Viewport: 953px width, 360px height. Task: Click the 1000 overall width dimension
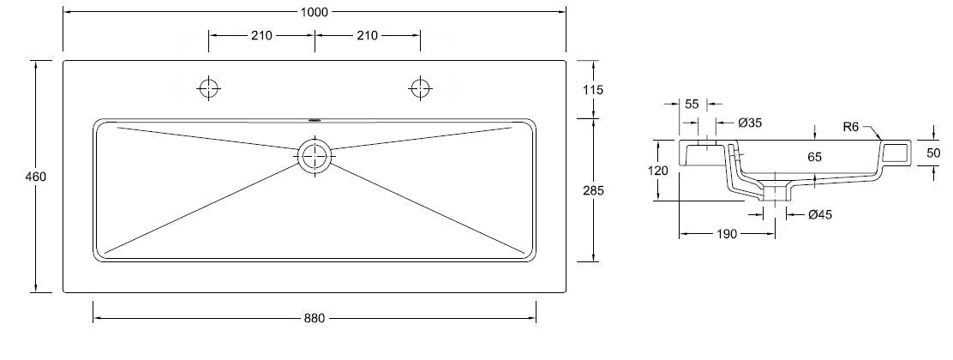[315, 11]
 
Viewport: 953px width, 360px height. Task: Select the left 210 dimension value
[261, 35]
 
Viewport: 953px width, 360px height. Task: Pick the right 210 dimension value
[367, 35]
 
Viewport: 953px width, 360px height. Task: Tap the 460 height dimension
[35, 177]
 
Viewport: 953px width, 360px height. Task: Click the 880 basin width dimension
[315, 318]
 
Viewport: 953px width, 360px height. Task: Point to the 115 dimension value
[593, 90]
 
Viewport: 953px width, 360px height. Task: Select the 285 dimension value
[593, 190]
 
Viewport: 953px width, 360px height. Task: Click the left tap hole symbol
[209, 88]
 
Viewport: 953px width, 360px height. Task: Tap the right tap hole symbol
[420, 88]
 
